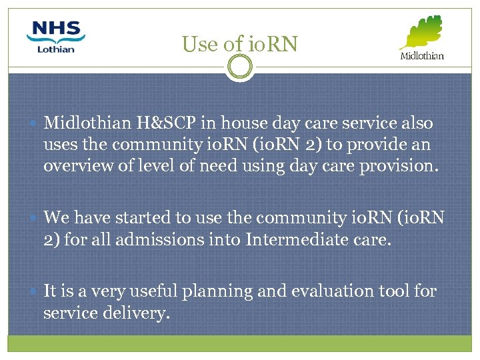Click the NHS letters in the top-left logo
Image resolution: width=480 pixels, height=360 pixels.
56,30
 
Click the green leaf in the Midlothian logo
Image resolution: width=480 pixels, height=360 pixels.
422,32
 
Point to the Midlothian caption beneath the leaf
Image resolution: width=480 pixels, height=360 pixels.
421,56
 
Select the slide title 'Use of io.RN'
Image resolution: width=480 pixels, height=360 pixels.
239,44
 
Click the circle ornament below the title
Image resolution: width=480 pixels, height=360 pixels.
239,67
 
